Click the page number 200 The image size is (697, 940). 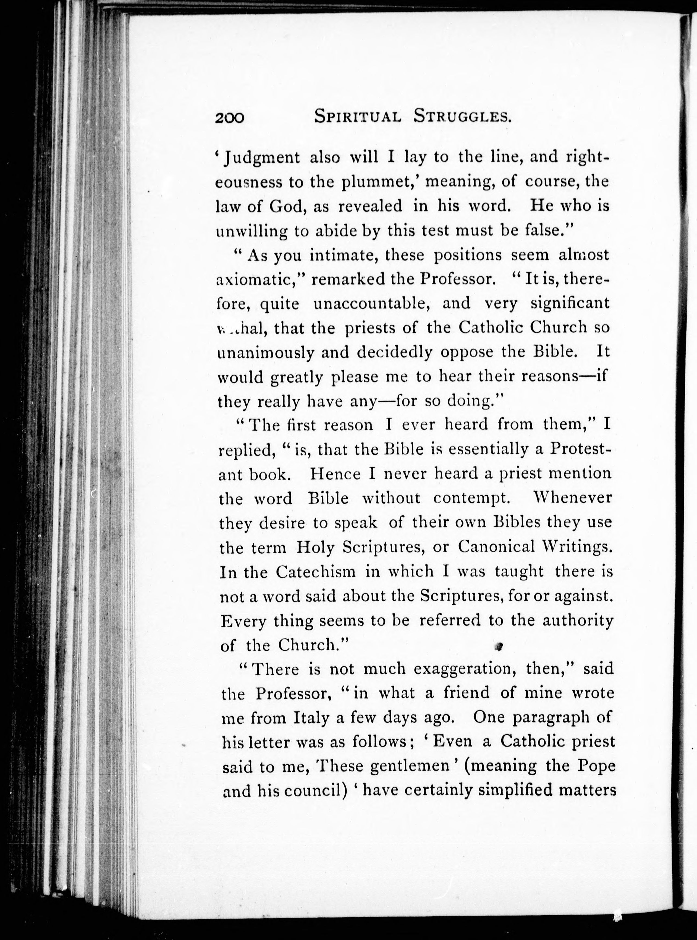pos(230,118)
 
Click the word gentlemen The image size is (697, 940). pos(409,766)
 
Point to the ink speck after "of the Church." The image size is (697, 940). pos(499,646)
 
